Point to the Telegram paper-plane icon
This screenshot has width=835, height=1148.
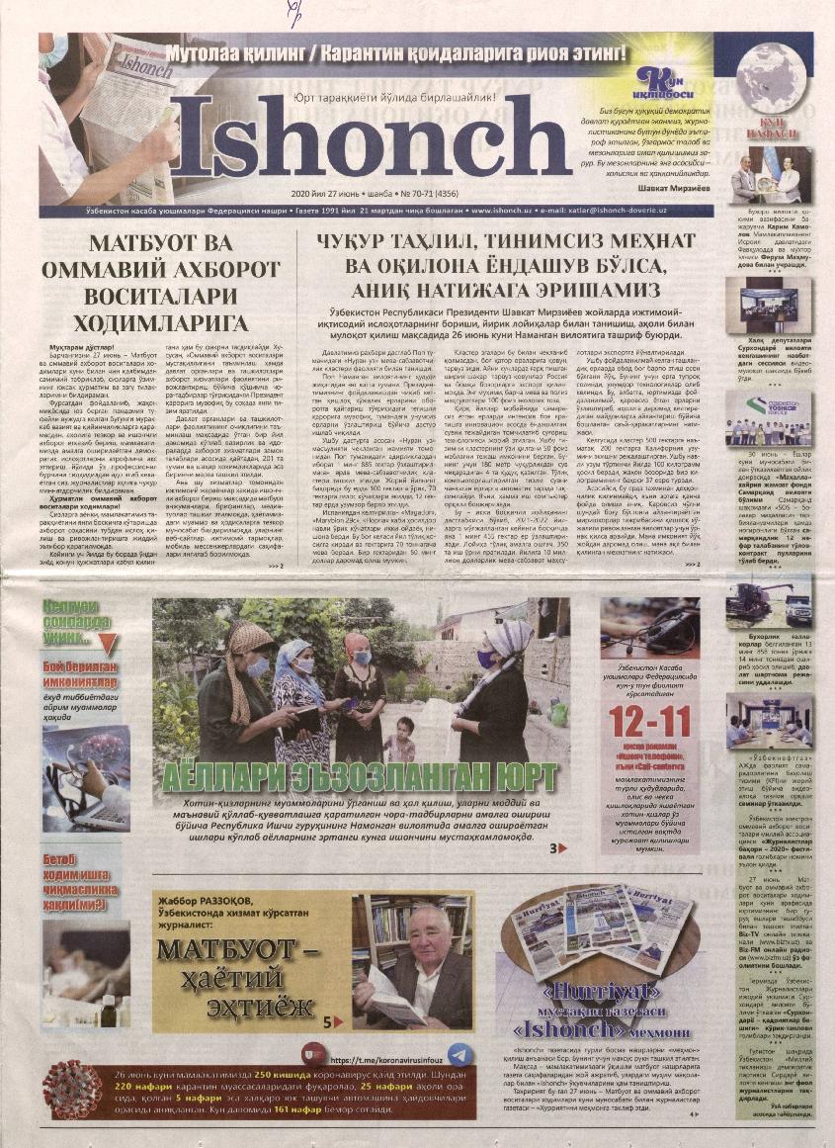click(458, 1055)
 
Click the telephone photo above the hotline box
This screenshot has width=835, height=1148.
click(649, 627)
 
